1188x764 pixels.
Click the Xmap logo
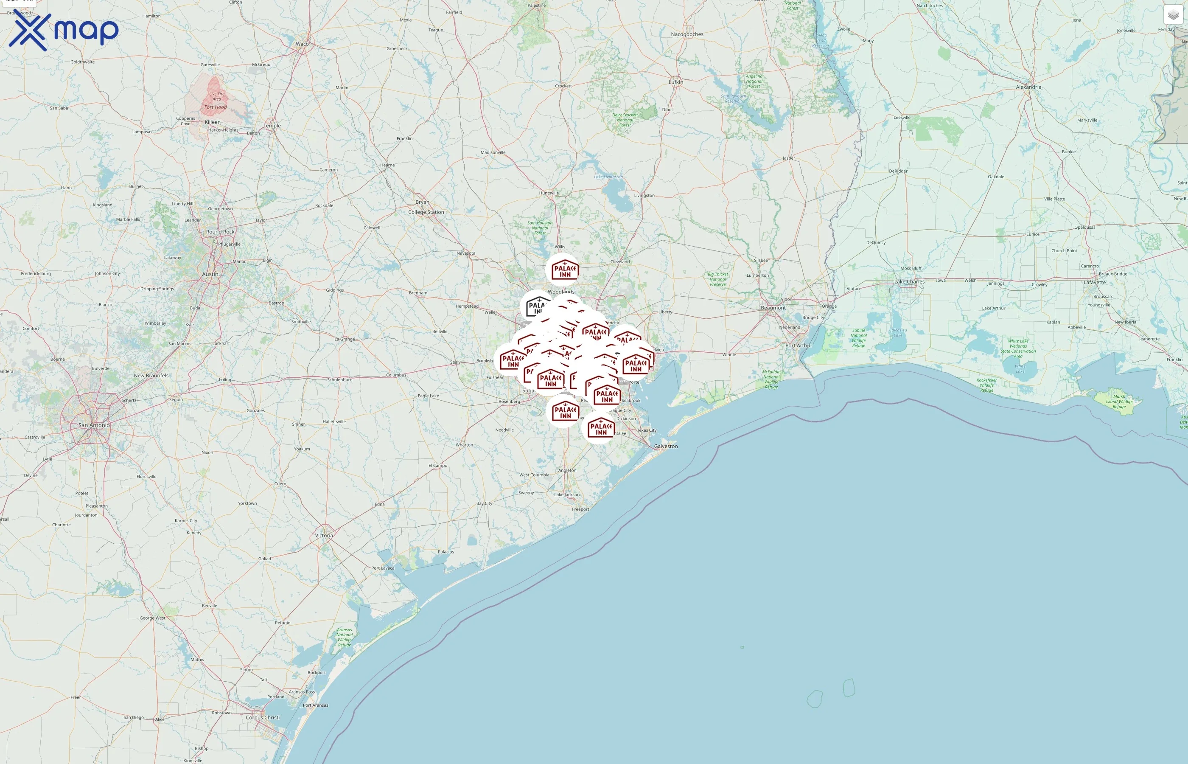(x=64, y=30)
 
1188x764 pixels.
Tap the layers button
(x=1173, y=15)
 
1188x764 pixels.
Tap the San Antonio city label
(x=94, y=425)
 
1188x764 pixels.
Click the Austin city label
(x=210, y=274)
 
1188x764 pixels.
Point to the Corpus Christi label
(x=263, y=717)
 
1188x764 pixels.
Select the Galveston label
(x=665, y=446)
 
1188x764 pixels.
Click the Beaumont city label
(x=773, y=308)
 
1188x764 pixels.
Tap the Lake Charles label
(x=909, y=281)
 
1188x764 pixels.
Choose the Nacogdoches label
(x=687, y=34)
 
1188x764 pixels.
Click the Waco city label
(x=302, y=44)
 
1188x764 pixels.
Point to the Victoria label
(x=324, y=535)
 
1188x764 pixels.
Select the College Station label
(x=426, y=212)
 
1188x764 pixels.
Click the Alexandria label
(x=1028, y=87)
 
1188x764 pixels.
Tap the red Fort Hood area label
(x=215, y=107)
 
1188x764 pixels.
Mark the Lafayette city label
(x=1094, y=282)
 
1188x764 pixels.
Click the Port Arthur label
(x=798, y=345)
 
